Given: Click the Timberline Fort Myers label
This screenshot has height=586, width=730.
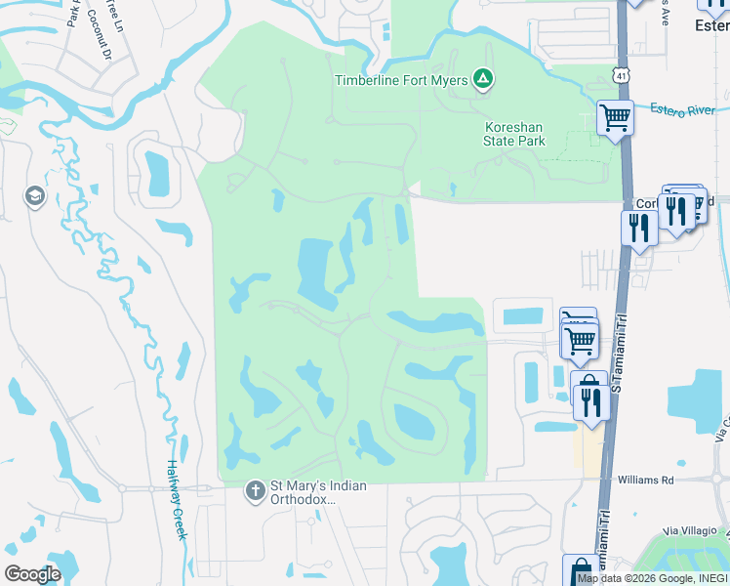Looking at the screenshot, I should [401, 80].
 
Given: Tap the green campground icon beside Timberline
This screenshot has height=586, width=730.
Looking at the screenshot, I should [482, 79].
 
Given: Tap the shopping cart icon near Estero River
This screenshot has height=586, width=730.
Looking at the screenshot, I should [616, 118].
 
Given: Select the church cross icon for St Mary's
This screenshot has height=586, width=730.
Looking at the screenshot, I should [255, 489].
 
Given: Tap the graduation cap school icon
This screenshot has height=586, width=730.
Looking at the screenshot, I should [36, 196].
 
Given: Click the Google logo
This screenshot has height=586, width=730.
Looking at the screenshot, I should [32, 574].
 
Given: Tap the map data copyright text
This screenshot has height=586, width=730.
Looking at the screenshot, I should [652, 578].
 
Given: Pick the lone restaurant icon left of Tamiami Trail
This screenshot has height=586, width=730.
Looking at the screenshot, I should [638, 229].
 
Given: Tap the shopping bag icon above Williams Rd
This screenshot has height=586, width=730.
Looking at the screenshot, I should [588, 383].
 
